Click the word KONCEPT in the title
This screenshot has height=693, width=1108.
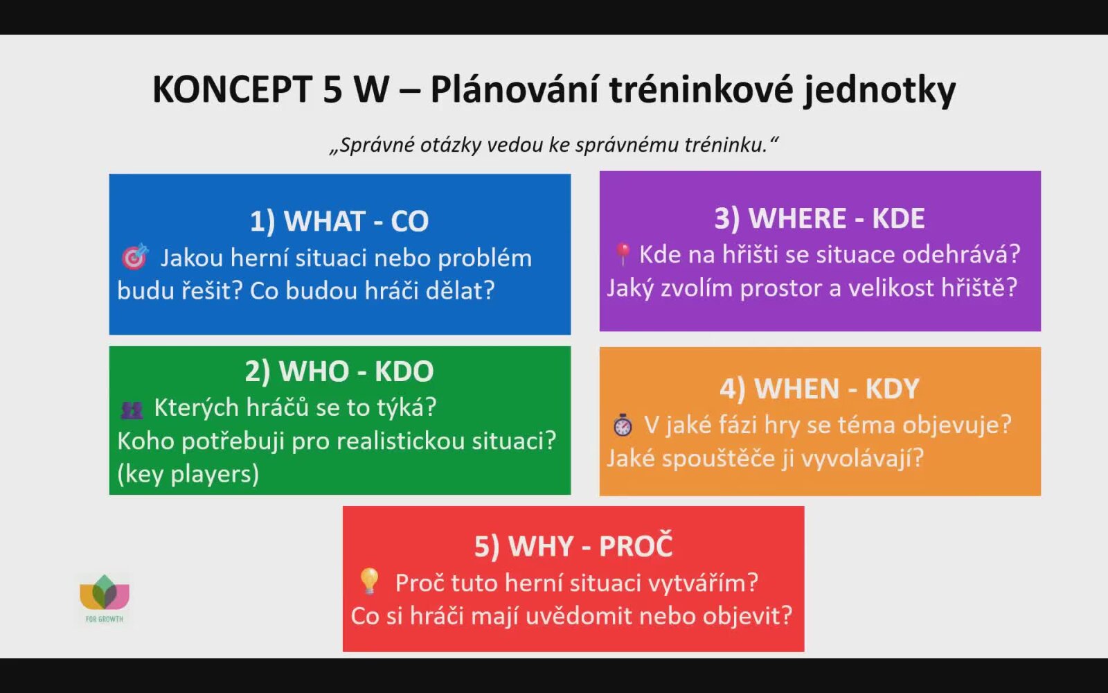[233, 89]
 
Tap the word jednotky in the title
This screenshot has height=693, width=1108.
[879, 91]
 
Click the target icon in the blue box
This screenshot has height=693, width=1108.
[134, 256]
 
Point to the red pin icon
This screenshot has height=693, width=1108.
[623, 254]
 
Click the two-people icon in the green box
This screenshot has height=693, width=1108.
[132, 410]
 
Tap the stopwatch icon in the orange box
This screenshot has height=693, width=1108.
[623, 424]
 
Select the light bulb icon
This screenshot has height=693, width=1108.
[370, 581]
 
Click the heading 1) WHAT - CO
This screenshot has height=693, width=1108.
[339, 221]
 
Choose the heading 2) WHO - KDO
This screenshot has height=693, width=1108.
[339, 371]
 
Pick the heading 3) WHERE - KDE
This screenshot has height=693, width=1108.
[820, 218]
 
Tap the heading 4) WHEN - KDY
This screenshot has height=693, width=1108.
[820, 389]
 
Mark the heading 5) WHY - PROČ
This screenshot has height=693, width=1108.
[573, 545]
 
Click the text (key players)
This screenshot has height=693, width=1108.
[188, 474]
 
